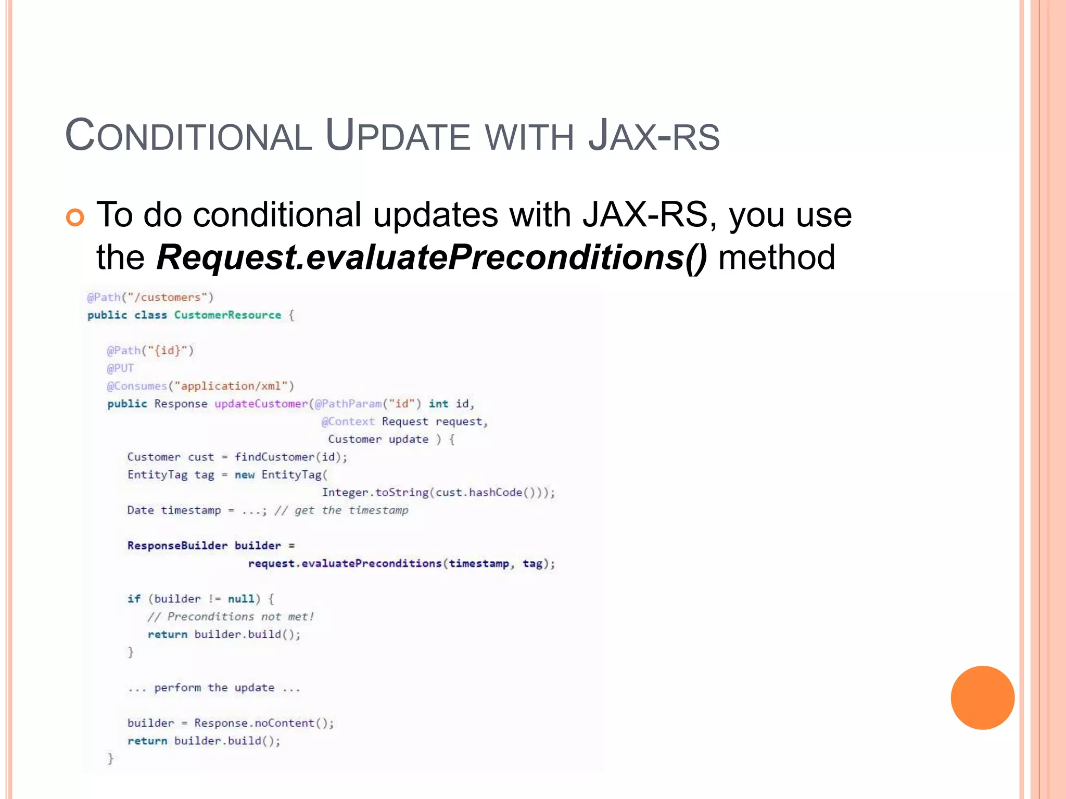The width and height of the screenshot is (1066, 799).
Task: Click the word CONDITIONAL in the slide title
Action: tap(188, 136)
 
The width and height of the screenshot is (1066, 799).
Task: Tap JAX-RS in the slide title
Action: tap(654, 136)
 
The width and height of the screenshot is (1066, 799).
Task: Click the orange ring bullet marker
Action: tap(75, 217)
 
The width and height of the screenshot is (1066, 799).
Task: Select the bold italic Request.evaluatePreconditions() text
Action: tap(432, 257)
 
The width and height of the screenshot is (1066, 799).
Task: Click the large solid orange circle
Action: tap(982, 698)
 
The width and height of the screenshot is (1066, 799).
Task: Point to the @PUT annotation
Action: tap(120, 368)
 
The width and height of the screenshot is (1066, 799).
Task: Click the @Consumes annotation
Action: tap(137, 386)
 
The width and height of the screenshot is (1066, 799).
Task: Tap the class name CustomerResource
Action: tap(227, 315)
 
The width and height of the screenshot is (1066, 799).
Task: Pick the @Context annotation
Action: tap(348, 421)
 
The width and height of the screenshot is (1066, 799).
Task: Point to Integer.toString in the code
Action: tap(375, 492)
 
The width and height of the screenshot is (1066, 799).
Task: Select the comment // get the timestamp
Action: tap(341, 510)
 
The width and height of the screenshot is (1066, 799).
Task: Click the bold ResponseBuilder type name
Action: tap(177, 546)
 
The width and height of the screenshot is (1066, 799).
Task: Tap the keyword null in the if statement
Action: tap(241, 599)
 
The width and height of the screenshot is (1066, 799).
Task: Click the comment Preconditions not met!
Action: tap(231, 617)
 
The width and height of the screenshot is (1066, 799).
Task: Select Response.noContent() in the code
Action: tap(263, 723)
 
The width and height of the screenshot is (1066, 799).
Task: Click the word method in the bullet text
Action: tap(776, 257)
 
